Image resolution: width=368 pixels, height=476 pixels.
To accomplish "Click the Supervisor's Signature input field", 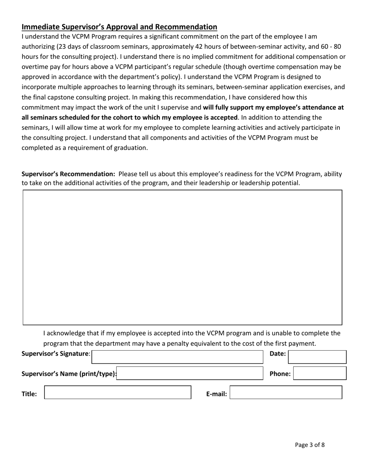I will pyautogui.click(x=177, y=357).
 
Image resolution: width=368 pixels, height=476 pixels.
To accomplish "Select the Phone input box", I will pyautogui.click(x=320, y=373).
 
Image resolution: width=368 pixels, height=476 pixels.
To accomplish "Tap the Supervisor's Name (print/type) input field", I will pyautogui.click(x=190, y=373).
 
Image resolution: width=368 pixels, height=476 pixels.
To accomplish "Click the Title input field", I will pyautogui.click(x=118, y=392).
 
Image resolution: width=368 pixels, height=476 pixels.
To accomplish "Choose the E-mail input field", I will pyautogui.click(x=286, y=392).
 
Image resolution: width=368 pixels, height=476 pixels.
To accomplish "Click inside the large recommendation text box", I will pyautogui.click(x=182, y=257).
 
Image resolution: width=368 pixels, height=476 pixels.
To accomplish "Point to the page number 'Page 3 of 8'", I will pyautogui.click(x=310, y=445).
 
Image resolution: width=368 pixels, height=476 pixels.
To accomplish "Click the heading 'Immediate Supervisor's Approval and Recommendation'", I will pyautogui.click(x=119, y=27).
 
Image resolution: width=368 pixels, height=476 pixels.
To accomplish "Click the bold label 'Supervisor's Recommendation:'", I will pyautogui.click(x=68, y=174).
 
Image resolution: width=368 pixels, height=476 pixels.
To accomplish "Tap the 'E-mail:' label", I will pyautogui.click(x=216, y=394).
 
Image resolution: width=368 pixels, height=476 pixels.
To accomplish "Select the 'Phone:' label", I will pyautogui.click(x=280, y=374).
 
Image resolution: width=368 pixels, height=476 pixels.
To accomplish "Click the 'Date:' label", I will pyautogui.click(x=277, y=353).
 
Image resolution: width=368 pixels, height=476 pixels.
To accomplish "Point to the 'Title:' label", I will pyautogui.click(x=29, y=394).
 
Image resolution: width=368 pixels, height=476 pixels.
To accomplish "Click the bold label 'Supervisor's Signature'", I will pyautogui.click(x=55, y=353).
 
